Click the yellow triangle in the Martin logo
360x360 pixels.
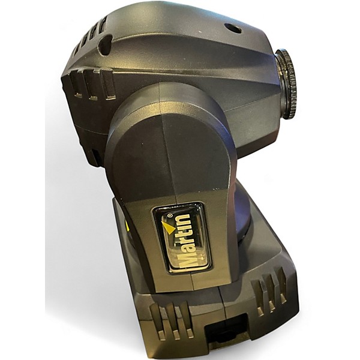[168, 227]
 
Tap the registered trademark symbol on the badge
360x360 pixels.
[170, 215]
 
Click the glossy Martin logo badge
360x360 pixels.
[182, 238]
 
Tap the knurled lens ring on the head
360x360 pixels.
[287, 84]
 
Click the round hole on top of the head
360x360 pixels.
[233, 29]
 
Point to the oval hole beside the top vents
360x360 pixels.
[105, 44]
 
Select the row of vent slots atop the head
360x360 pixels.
[91, 35]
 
